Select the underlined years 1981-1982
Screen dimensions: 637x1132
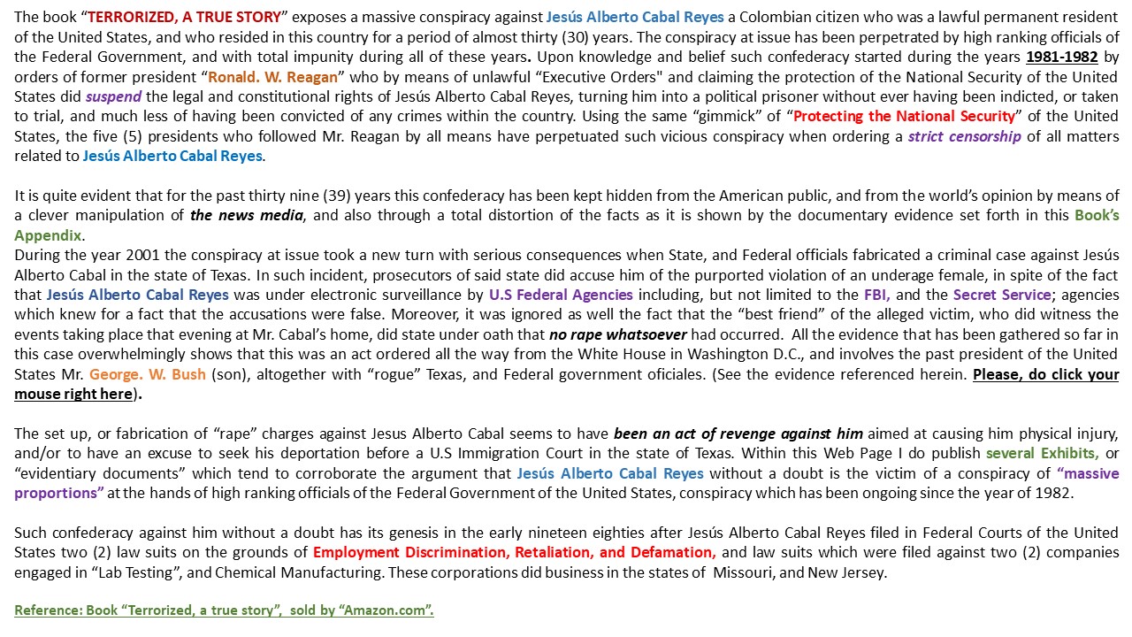[1061, 57]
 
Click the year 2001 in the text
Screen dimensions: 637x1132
[115, 255]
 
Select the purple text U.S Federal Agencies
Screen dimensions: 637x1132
[561, 295]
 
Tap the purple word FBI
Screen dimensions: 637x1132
[876, 295]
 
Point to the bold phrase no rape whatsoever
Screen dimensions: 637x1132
[617, 334]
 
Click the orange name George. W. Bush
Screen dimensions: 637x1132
[148, 374]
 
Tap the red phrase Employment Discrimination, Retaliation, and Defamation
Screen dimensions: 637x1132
[514, 552]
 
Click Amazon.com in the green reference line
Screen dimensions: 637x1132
[390, 610]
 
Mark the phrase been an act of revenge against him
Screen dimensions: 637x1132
[738, 434]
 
